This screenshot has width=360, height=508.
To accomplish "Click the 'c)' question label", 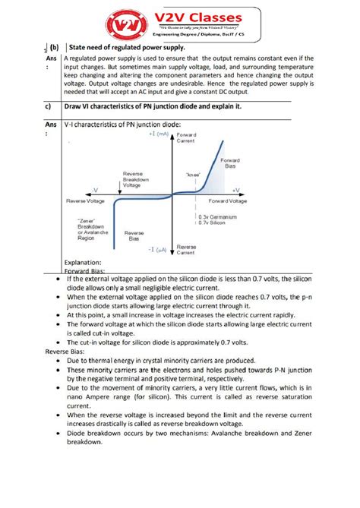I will coord(50,106).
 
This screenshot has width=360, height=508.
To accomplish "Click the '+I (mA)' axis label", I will coord(158,133).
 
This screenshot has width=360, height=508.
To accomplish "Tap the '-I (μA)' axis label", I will coord(158,249).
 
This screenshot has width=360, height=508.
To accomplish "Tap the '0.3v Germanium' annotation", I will coord(220,216).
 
